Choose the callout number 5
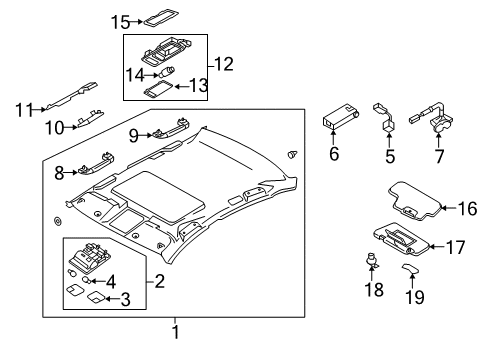pos(391,157)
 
